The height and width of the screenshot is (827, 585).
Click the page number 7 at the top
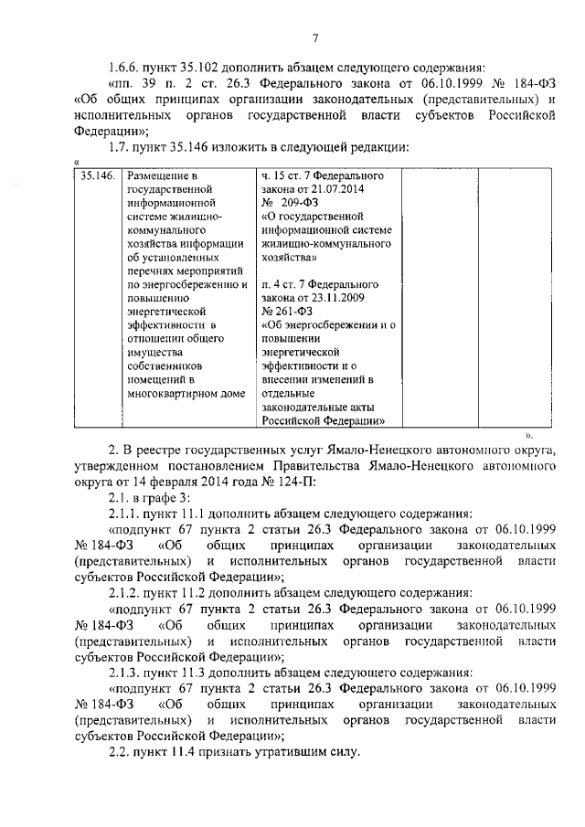point(314,37)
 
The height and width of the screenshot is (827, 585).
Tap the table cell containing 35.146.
point(97,175)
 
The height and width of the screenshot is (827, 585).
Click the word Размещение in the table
point(162,175)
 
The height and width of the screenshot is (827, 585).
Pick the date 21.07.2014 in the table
point(339,188)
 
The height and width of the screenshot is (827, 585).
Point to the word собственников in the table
point(165,366)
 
